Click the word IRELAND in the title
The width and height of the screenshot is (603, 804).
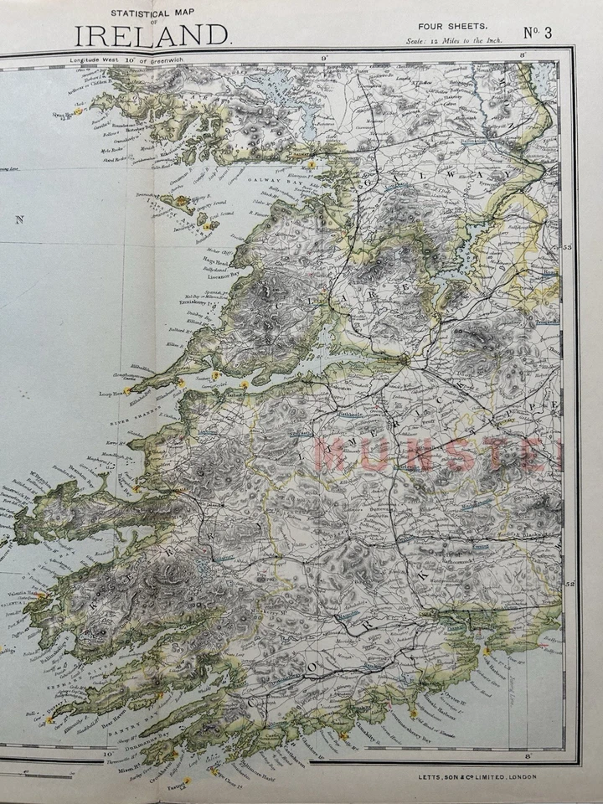click(x=152, y=35)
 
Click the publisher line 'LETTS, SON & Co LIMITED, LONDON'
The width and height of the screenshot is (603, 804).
click(x=477, y=776)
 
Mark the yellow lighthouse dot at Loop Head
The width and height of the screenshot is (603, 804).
click(x=127, y=390)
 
